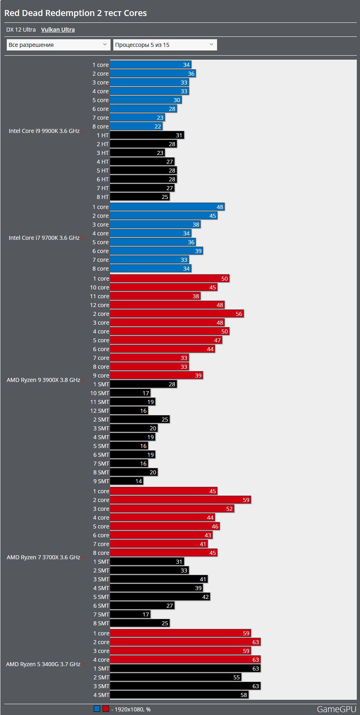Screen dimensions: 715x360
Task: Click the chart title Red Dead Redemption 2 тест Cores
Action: coord(75,13)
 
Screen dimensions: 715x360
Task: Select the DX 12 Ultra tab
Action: coord(21,30)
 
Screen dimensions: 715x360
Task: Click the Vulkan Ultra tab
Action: coord(58,30)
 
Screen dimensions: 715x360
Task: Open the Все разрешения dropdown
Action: coord(58,45)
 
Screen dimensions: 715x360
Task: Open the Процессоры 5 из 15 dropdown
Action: coord(165,45)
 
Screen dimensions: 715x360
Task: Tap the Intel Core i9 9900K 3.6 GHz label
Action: coord(44,131)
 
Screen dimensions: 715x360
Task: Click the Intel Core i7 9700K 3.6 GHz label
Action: coord(44,238)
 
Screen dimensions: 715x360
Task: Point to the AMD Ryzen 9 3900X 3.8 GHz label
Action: coord(43,380)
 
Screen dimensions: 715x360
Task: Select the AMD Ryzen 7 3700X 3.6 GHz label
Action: coord(43,557)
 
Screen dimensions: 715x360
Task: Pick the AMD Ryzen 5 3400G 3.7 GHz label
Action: coord(43,664)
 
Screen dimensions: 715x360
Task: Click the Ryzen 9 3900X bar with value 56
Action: coord(176,314)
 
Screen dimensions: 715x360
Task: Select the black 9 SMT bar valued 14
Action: coord(126,481)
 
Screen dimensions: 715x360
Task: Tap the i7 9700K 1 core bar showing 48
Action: coord(167,207)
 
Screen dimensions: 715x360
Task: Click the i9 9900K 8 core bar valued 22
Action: coord(136,127)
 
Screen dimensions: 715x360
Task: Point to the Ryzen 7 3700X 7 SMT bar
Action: coord(130,615)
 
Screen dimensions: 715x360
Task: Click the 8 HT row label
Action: coord(103,197)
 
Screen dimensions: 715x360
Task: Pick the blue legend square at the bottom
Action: coord(97,709)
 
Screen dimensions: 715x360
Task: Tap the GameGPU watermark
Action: coord(336,709)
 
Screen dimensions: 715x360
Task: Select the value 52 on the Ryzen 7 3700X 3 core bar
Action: coord(229,509)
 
